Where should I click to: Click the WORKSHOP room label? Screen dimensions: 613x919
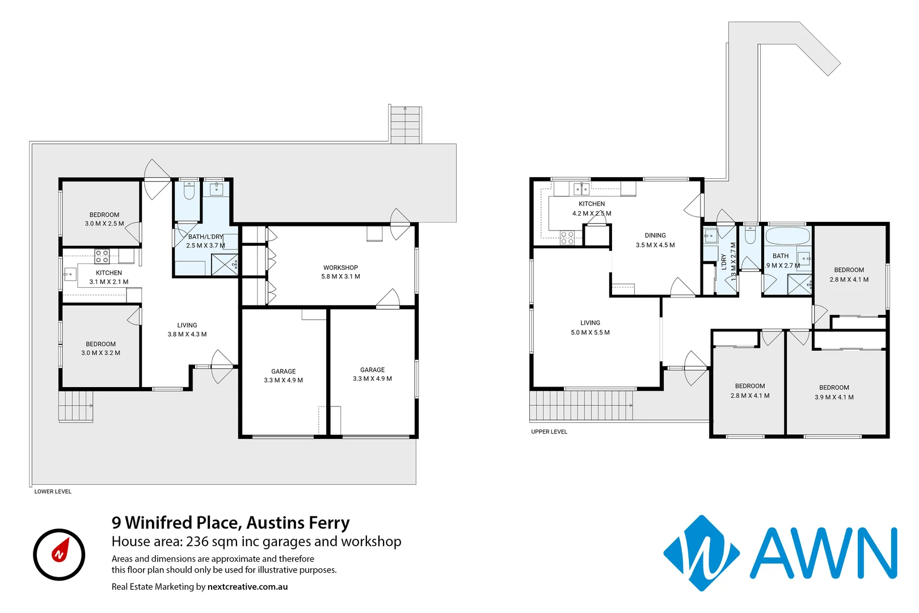(x=340, y=267)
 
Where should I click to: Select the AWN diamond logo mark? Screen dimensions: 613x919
(x=701, y=553)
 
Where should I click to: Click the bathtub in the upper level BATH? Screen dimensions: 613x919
(x=787, y=236)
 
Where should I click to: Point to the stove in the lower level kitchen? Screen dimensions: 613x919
(x=102, y=256)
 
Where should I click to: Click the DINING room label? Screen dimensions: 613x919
(x=655, y=235)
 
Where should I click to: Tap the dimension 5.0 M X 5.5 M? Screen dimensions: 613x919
(x=590, y=333)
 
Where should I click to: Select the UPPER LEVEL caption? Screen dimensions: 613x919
(x=549, y=432)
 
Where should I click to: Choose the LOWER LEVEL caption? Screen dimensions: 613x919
(x=53, y=492)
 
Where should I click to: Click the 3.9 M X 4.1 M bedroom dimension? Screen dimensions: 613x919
(x=834, y=397)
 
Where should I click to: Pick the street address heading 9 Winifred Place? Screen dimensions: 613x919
(x=230, y=522)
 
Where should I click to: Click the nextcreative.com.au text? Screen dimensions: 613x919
(x=247, y=587)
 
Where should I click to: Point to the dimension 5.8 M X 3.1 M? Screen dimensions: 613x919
(x=340, y=277)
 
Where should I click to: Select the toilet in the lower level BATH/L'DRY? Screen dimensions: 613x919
(x=189, y=191)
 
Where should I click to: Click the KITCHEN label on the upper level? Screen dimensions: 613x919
(x=592, y=204)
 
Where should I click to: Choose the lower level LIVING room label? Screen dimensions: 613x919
(x=187, y=325)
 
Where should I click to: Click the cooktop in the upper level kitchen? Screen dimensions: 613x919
(x=567, y=237)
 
